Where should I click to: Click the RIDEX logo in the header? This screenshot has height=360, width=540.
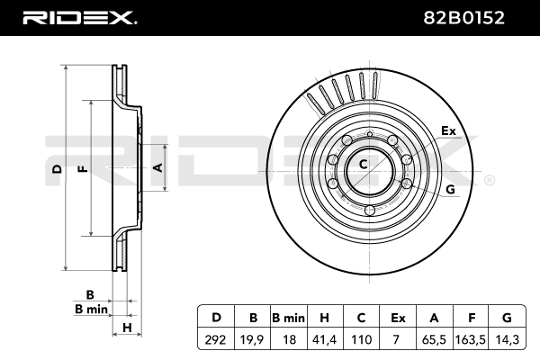79,18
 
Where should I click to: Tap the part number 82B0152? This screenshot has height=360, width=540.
463,18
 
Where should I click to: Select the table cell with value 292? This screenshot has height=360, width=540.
216,339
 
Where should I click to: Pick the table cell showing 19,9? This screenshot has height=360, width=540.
252,339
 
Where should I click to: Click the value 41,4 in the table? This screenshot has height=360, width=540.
324,339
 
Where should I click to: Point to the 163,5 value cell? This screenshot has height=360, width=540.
470,339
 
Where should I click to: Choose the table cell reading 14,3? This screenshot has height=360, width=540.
507,339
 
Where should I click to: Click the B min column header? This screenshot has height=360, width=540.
289,318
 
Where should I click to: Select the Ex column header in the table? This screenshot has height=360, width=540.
398,318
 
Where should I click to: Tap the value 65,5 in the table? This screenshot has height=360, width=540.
434,339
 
